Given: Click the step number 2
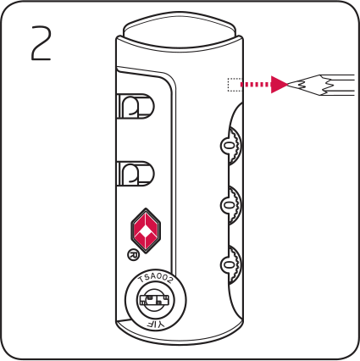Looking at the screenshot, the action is click(x=42, y=43).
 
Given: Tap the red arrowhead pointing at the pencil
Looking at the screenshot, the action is click(x=279, y=84).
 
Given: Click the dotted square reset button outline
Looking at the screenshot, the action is click(x=235, y=85).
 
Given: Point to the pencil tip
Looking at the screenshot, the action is click(x=289, y=84).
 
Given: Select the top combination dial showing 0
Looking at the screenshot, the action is click(x=231, y=146).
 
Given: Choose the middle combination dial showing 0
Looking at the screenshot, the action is click(x=231, y=205).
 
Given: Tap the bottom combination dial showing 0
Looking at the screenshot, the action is click(x=231, y=264).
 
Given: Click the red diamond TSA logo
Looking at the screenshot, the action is click(x=146, y=230).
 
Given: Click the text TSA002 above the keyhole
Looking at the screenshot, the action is click(x=156, y=279).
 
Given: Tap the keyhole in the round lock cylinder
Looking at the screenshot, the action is click(x=152, y=300).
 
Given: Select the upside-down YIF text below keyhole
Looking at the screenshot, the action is click(x=156, y=324).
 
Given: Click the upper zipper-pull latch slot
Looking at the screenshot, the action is click(x=136, y=106).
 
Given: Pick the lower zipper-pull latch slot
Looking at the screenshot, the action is click(x=136, y=174).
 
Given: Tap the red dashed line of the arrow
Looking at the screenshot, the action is click(x=255, y=85).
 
